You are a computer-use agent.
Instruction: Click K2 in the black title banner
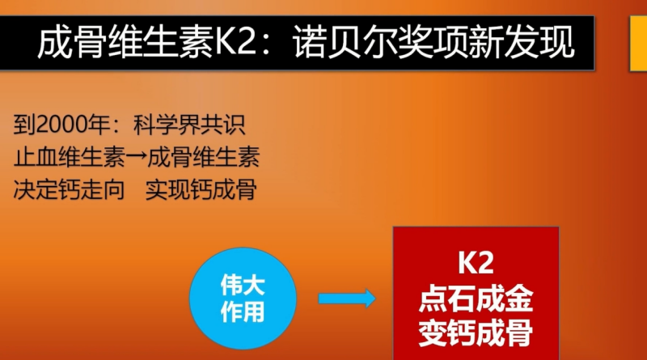click(x=235, y=42)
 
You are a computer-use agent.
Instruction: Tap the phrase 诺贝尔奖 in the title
click(x=363, y=42)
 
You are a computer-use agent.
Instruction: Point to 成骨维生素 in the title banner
click(x=125, y=42)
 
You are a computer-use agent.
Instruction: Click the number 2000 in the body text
click(x=61, y=125)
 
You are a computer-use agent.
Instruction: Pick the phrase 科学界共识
click(x=189, y=125)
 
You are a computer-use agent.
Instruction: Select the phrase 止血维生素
click(x=69, y=157)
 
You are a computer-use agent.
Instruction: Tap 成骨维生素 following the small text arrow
click(x=203, y=157)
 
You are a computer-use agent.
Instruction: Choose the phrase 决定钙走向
click(x=69, y=189)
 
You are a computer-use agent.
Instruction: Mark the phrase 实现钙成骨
click(x=201, y=189)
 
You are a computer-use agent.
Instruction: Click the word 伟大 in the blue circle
click(x=243, y=285)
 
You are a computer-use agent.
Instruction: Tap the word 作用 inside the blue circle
click(x=243, y=311)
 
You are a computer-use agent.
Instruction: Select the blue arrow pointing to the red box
click(x=347, y=299)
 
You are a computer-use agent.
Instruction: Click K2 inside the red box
click(x=476, y=263)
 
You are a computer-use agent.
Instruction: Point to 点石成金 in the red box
click(x=476, y=298)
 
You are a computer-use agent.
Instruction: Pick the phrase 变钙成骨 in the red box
click(x=476, y=332)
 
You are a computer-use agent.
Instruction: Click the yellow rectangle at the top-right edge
click(x=638, y=44)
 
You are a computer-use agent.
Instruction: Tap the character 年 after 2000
click(x=98, y=125)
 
